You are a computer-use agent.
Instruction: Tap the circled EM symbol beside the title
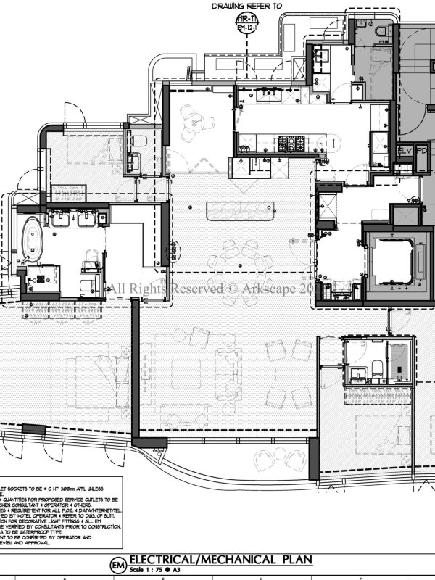(117, 564)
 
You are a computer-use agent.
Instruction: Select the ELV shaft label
(404, 151)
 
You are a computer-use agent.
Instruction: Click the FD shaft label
(421, 151)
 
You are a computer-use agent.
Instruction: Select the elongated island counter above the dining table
(239, 212)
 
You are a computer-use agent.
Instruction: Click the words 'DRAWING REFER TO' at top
(246, 5)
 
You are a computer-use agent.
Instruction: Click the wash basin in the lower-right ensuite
(358, 373)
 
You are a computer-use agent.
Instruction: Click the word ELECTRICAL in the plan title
(164, 560)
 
